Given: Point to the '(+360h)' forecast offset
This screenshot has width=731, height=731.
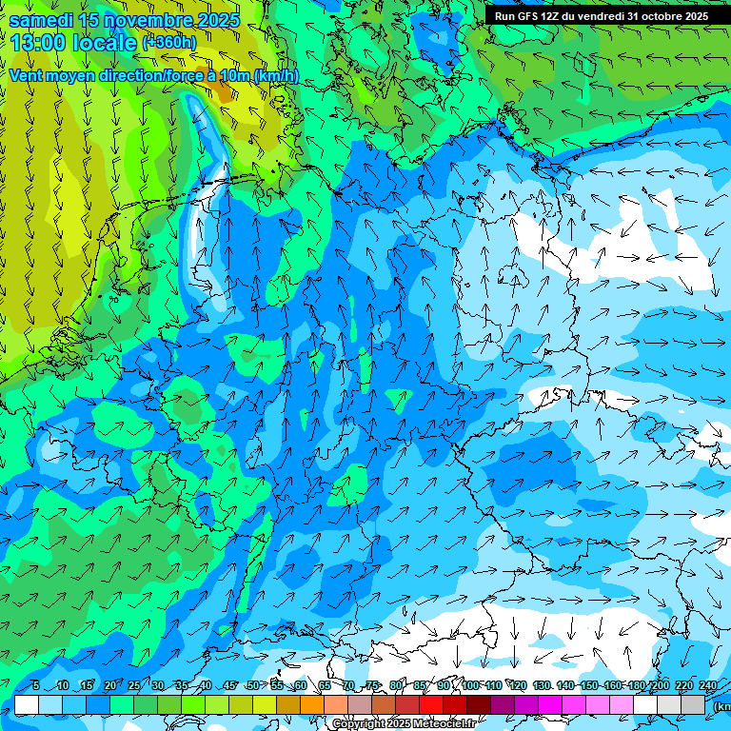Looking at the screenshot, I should (169, 43).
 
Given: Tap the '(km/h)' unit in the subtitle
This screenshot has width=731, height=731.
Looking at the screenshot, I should (275, 75).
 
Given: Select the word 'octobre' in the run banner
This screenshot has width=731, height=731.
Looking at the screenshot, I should (659, 16).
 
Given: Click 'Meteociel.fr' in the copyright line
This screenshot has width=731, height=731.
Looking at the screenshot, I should (444, 724).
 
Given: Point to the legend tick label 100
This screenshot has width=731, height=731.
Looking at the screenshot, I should (470, 686).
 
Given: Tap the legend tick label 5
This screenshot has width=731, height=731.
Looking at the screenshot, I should (35, 686).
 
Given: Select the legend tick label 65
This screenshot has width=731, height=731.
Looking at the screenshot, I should (325, 686).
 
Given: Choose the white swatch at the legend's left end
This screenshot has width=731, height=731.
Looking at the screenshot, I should (27, 704).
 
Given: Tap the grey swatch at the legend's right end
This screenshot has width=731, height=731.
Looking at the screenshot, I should (693, 704).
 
